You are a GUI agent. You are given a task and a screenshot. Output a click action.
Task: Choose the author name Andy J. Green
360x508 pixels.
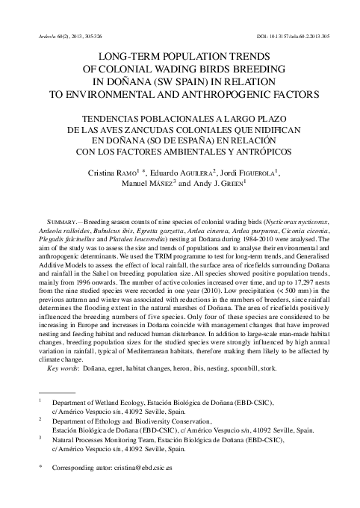pos(224,186)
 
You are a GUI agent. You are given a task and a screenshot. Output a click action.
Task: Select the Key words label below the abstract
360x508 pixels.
pos(47,368)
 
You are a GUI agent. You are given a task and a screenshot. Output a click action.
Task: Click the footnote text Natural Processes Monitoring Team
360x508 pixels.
pos(105,442)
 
